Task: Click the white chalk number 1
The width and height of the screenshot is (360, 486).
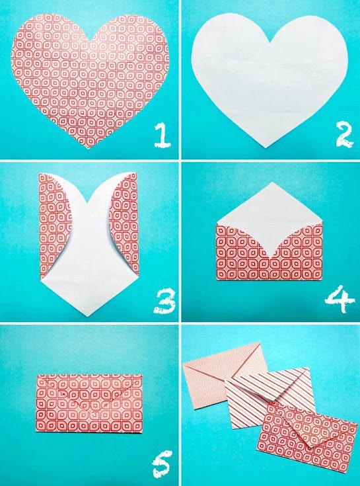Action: [x=162, y=135]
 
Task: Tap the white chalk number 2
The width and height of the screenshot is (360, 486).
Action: [x=344, y=134]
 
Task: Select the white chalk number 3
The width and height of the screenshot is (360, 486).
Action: [x=164, y=302]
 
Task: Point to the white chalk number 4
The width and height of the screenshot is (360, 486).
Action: [x=340, y=299]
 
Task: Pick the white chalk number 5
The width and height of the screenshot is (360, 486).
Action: [x=162, y=464]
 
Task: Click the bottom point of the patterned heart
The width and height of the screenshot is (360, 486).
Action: [x=89, y=147]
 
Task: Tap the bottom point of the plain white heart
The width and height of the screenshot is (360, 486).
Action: [x=266, y=147]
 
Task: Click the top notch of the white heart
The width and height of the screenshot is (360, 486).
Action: [x=270, y=42]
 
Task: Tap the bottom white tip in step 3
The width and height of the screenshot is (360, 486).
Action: [x=88, y=316]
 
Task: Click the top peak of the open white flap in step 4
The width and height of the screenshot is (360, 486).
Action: [x=272, y=182]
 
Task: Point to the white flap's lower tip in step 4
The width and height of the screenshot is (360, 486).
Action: [x=270, y=258]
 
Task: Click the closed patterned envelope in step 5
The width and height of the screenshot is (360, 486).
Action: [x=89, y=403]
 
